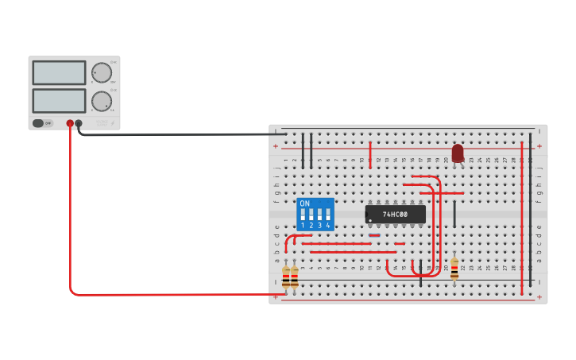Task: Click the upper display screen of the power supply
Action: (x=59, y=73)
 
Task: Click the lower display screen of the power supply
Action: (x=59, y=100)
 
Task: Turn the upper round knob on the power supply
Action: (x=101, y=73)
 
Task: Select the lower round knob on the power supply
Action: (x=101, y=101)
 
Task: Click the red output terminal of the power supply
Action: (x=70, y=123)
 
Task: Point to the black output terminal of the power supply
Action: (x=79, y=123)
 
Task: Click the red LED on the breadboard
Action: (x=458, y=153)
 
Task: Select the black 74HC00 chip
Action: (x=396, y=215)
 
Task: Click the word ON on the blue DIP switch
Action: (x=305, y=204)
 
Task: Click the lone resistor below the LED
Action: (x=454, y=268)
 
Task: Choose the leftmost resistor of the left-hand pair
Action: (x=286, y=277)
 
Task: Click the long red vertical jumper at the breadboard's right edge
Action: (x=521, y=215)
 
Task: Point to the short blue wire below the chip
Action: (x=375, y=235)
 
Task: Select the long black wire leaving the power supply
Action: (x=183, y=134)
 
